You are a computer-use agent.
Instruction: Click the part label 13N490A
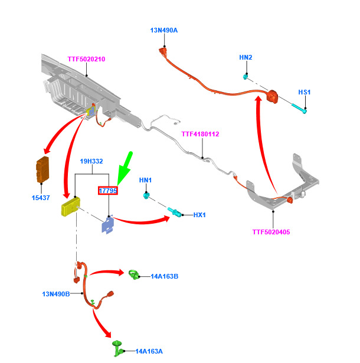click(164, 30)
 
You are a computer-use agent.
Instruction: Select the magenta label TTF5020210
click(86, 59)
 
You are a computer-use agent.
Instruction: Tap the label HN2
click(246, 57)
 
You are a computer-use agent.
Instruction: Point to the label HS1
click(304, 92)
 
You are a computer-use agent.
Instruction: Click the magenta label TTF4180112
click(200, 134)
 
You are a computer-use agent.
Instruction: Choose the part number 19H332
click(91, 161)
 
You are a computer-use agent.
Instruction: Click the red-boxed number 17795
click(108, 191)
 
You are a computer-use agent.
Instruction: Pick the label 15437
click(41, 198)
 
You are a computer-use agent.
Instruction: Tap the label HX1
click(199, 215)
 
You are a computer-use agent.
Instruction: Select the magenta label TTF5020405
click(271, 232)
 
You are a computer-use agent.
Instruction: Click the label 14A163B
click(165, 276)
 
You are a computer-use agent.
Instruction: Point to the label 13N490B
click(56, 294)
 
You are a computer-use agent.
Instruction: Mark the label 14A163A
click(149, 351)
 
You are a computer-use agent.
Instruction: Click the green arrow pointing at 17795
click(125, 168)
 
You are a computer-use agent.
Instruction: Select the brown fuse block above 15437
click(42, 169)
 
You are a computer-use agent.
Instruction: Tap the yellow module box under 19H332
click(71, 207)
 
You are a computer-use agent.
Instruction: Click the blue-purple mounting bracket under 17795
click(108, 224)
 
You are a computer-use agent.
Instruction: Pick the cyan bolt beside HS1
click(299, 109)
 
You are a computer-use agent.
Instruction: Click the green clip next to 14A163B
click(134, 274)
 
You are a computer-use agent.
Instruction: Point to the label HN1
click(145, 180)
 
